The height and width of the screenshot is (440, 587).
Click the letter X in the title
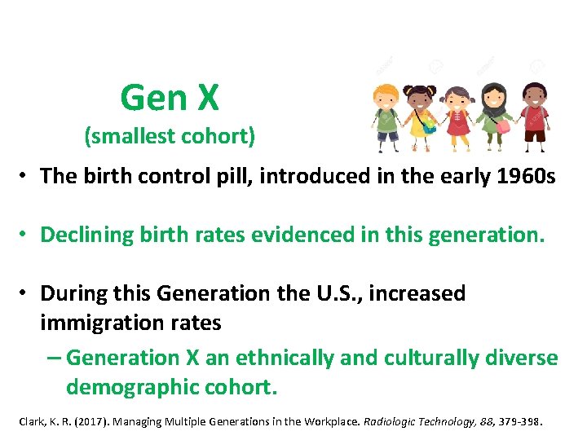(x=206, y=99)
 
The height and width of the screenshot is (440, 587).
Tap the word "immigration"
(x=99, y=323)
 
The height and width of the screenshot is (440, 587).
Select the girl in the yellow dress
(x=423, y=115)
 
